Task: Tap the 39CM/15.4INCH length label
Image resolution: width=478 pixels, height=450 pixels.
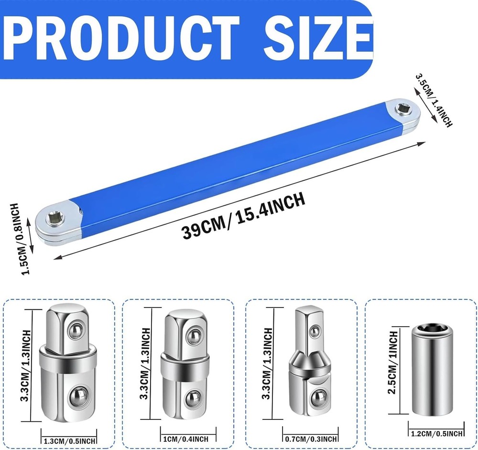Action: [x=243, y=215]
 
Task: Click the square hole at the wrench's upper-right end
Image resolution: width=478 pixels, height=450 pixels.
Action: [x=402, y=108]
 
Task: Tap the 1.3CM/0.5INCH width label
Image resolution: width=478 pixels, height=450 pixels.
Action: [x=69, y=440]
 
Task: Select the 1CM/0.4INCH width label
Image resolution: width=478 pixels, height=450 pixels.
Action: [x=186, y=439]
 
